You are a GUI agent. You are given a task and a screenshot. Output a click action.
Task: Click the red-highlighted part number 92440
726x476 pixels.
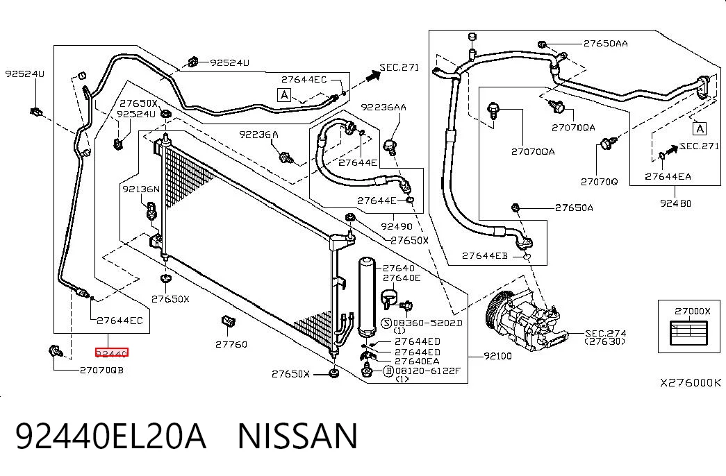click(x=111, y=353)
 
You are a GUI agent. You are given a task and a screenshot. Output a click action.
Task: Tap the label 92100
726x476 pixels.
click(x=497, y=356)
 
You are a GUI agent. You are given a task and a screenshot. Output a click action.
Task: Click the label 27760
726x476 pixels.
click(x=231, y=344)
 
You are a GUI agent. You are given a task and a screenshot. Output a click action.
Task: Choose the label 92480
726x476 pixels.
click(x=675, y=203)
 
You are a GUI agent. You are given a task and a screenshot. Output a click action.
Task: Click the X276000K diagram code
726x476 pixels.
click(x=691, y=382)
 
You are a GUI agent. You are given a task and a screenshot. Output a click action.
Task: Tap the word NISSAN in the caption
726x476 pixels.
click(x=298, y=436)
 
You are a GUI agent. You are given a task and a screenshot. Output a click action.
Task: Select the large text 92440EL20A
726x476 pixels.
click(x=110, y=436)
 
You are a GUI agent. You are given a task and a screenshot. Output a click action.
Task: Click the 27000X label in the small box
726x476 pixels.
click(x=692, y=312)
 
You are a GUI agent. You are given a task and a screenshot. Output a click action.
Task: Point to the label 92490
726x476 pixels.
click(x=396, y=226)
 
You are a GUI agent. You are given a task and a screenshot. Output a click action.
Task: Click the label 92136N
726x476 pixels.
click(x=141, y=189)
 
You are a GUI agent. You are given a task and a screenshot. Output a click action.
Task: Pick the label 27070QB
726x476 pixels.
click(x=102, y=370)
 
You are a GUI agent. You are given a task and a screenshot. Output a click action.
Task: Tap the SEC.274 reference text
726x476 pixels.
click(x=606, y=333)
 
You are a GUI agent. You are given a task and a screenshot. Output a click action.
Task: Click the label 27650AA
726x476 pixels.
click(x=606, y=43)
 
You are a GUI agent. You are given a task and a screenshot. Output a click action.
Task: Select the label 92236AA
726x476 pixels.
click(x=383, y=108)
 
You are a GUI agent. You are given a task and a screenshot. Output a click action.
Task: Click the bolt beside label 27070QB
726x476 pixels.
click(x=56, y=351)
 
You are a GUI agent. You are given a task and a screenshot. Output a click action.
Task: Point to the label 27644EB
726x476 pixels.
click(x=485, y=255)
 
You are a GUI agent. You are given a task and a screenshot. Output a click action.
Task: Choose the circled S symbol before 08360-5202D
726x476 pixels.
click(x=386, y=323)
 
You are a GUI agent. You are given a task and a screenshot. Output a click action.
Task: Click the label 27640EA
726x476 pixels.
click(x=417, y=361)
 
